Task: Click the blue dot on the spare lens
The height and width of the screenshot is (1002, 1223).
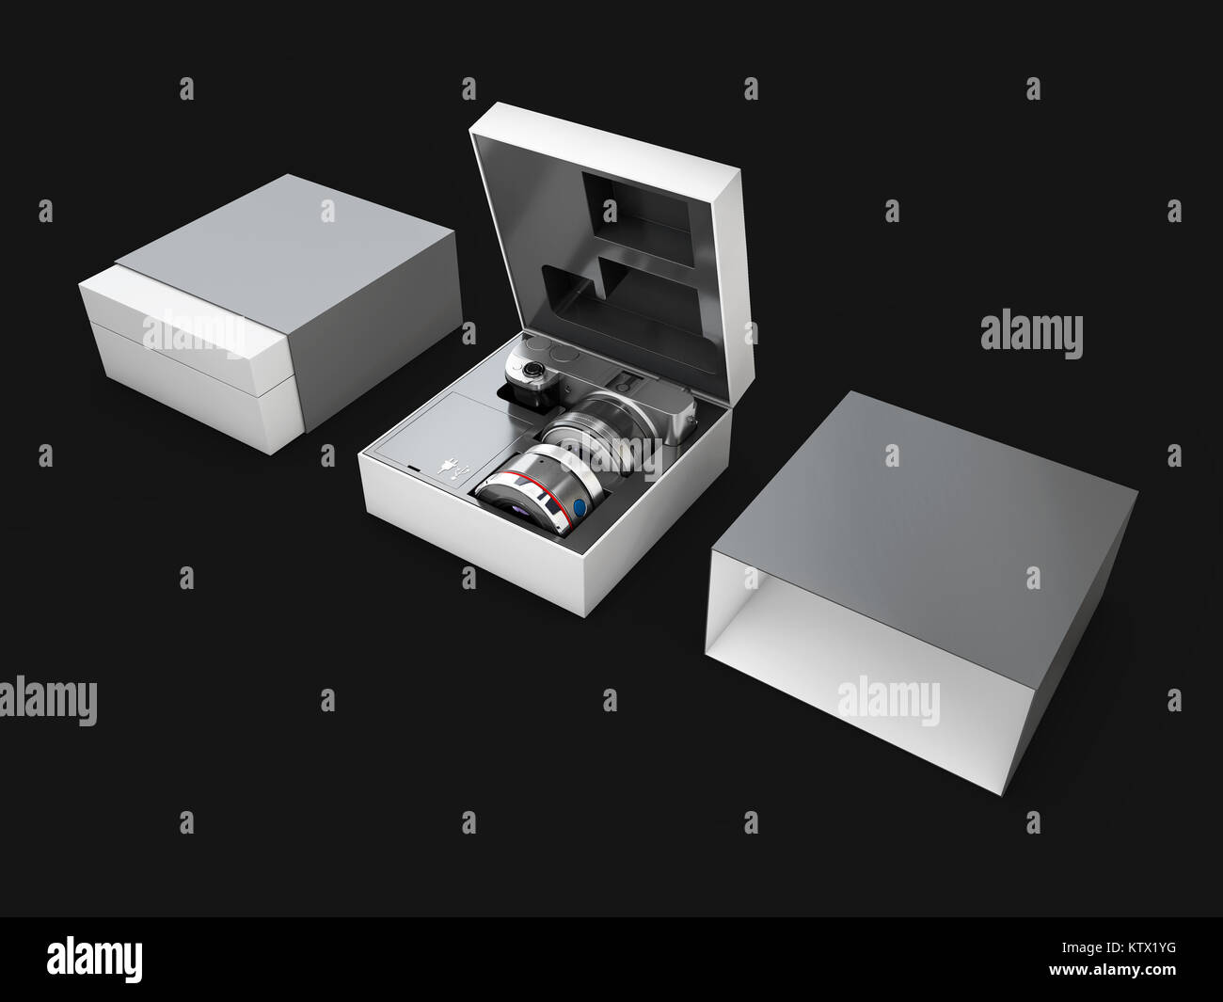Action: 579,508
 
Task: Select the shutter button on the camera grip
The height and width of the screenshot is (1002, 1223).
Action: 531,369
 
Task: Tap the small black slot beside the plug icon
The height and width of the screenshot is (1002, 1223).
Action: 414,468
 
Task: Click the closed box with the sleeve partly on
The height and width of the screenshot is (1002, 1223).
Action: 270,313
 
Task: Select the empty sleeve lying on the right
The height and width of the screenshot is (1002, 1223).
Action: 922,592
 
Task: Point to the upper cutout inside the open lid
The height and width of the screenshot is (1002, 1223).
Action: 638,220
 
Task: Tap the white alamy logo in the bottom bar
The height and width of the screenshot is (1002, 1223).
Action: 94,959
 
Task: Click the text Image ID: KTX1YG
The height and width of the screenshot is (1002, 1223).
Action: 1119,946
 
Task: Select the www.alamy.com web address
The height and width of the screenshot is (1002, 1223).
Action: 1112,969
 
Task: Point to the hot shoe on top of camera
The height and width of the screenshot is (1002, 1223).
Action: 625,380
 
